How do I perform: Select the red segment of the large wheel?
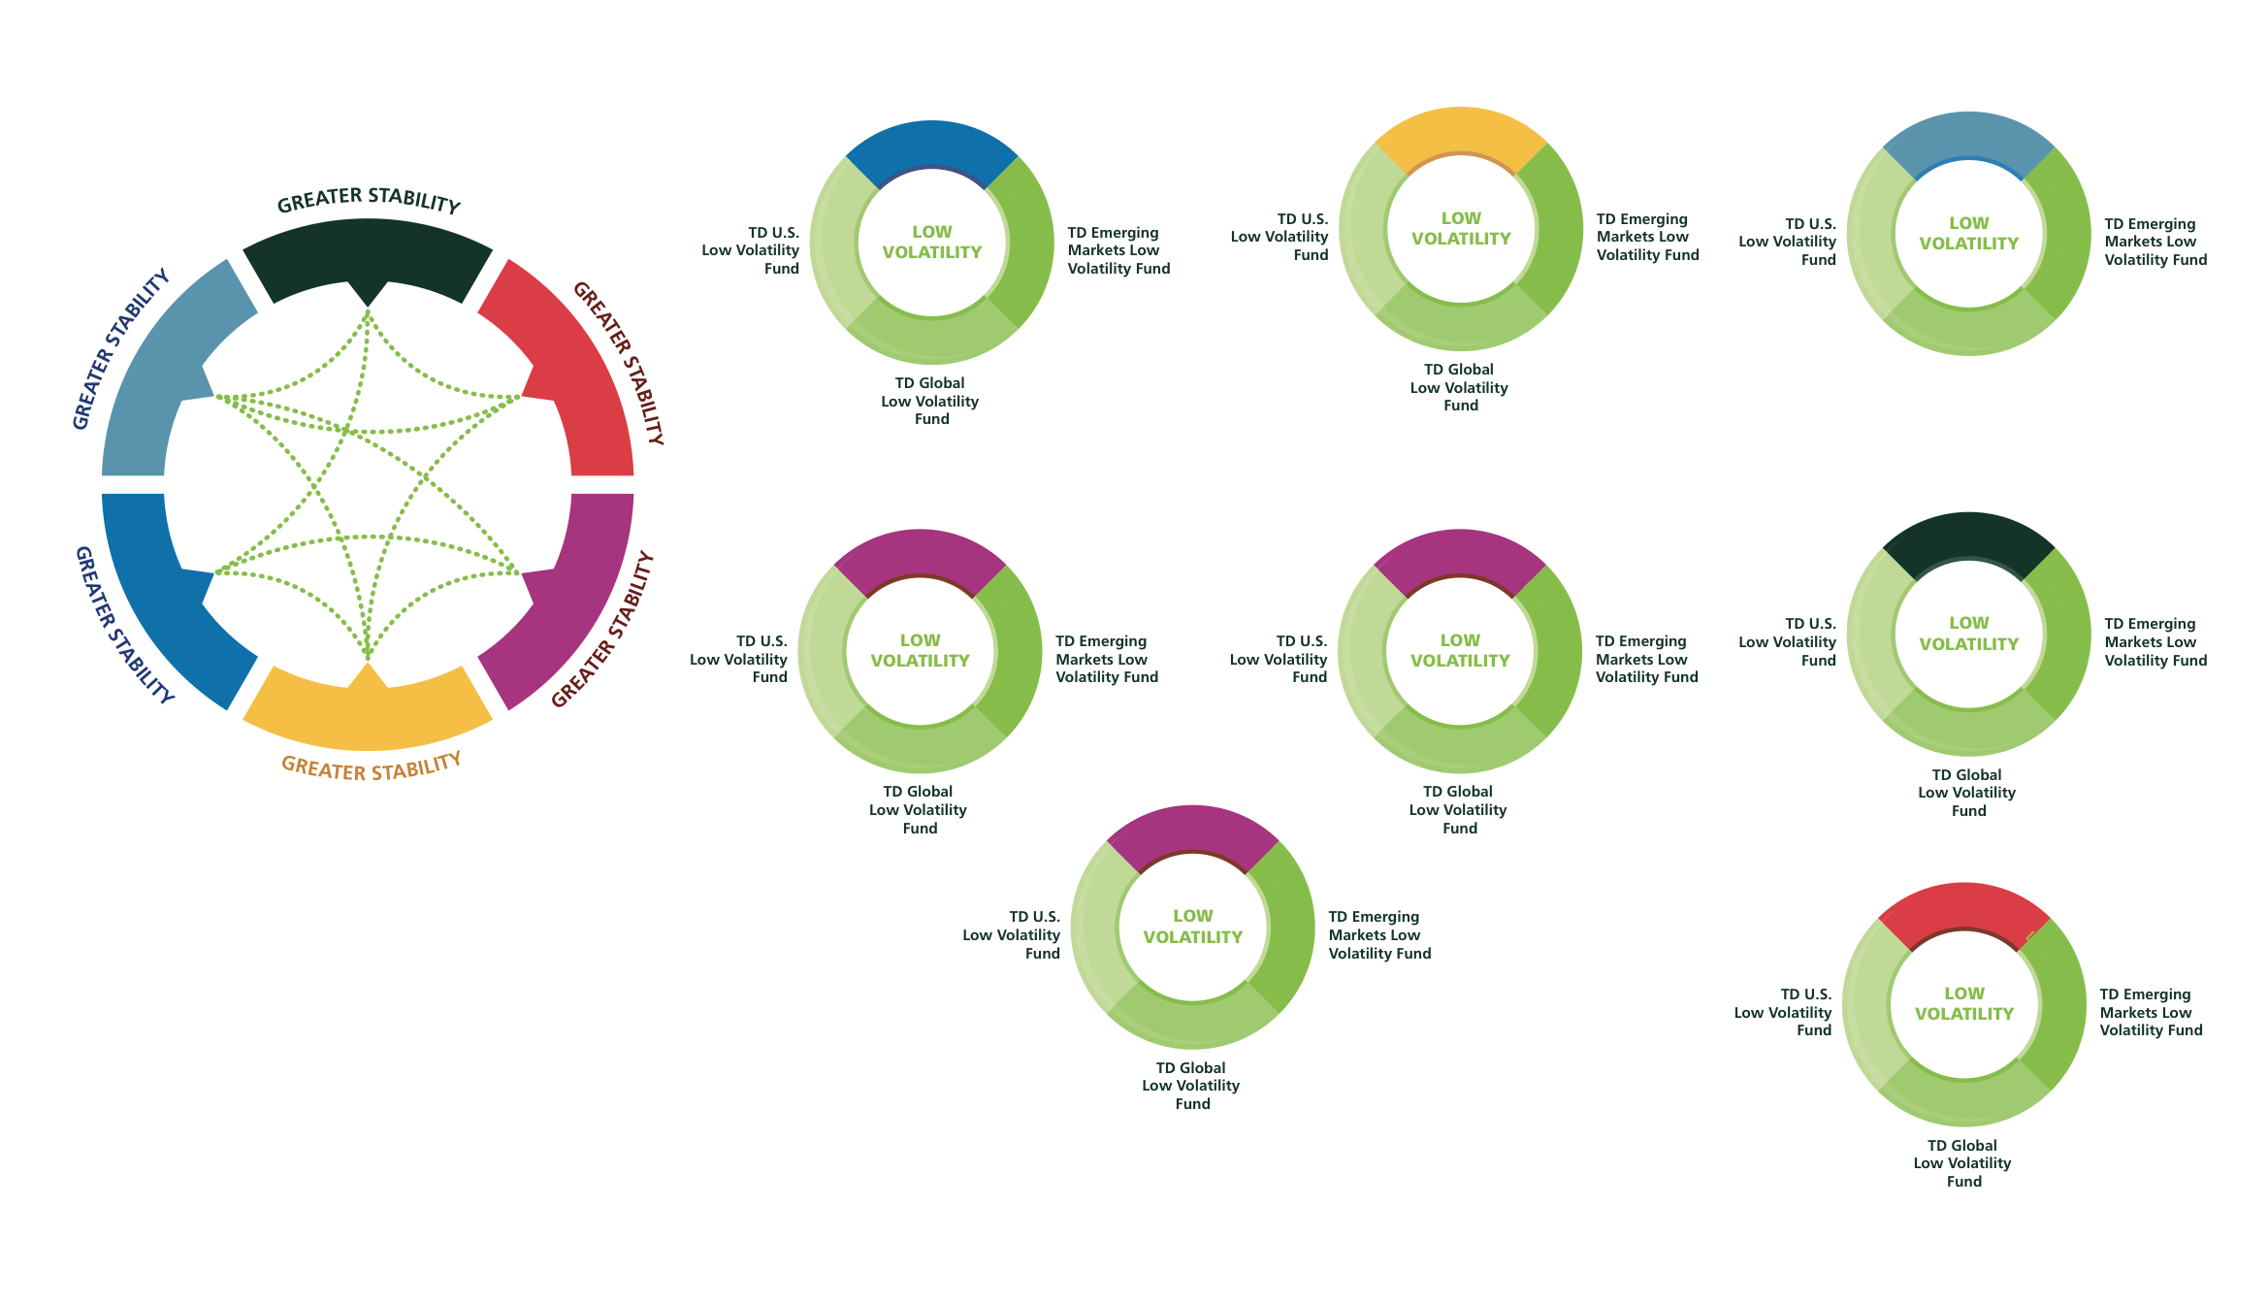point(572,378)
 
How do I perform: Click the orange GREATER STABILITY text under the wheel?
point(371,767)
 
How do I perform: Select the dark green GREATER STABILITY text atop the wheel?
point(369,200)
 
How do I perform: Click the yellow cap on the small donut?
point(1460,132)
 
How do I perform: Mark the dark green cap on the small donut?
point(1968,538)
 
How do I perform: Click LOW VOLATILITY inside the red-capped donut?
point(1963,1003)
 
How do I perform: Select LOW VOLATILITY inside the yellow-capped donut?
point(1460,229)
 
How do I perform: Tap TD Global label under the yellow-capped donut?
point(1459,387)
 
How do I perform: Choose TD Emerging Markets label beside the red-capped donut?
point(2150,1012)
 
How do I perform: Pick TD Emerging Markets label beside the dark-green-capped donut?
point(2155,641)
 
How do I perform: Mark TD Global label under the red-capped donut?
point(1962,1162)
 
